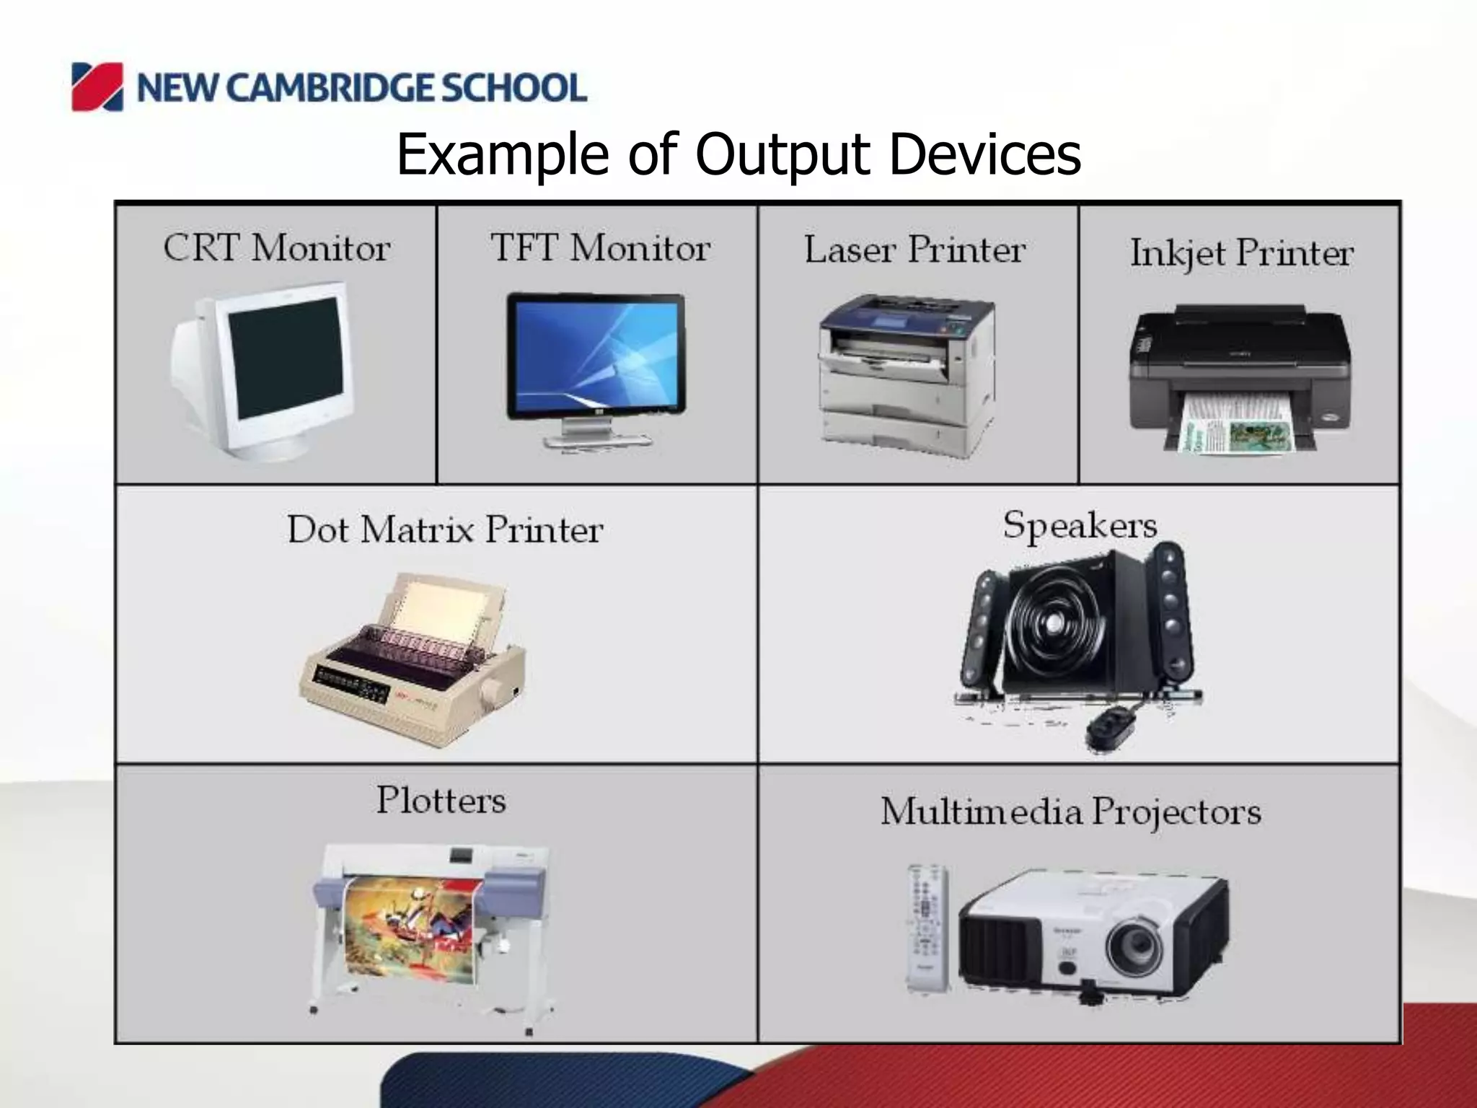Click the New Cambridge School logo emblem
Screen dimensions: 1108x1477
97,87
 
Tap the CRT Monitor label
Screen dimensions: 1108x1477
277,248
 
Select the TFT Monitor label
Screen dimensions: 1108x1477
600,248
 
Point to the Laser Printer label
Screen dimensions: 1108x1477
914,250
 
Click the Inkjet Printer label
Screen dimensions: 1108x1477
1241,253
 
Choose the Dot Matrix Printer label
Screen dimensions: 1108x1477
445,529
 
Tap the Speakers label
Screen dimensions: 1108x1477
1080,524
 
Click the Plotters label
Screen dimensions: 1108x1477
441,800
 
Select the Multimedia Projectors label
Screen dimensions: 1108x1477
1071,812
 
